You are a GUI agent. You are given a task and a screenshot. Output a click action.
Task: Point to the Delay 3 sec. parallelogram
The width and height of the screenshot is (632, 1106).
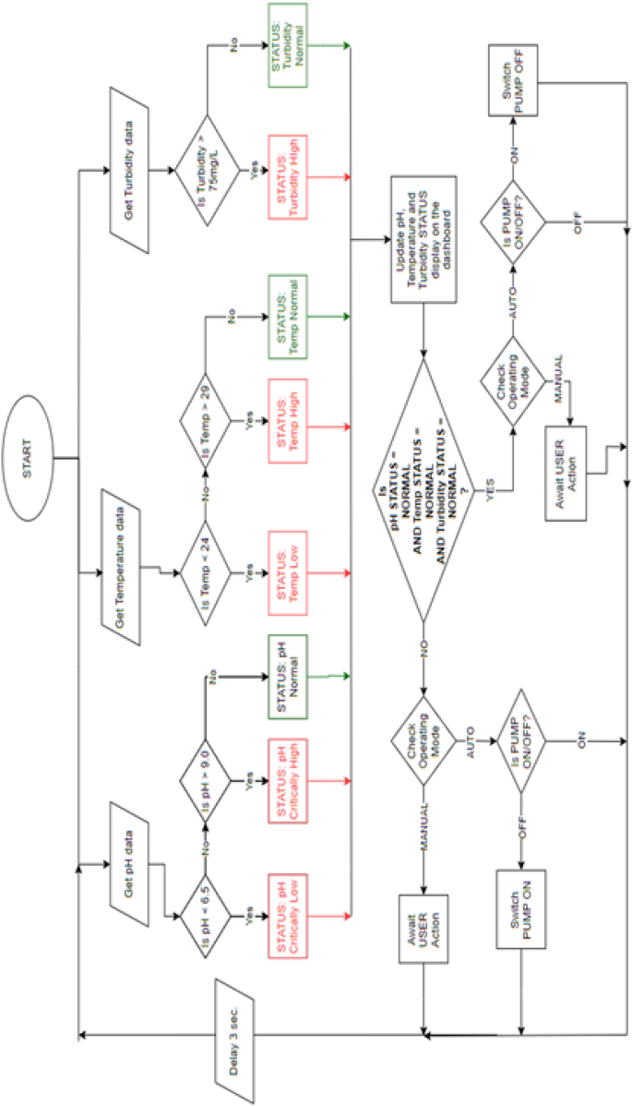pos(238,1039)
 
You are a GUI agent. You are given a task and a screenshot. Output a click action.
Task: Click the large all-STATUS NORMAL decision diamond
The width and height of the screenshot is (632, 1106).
pos(423,488)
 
